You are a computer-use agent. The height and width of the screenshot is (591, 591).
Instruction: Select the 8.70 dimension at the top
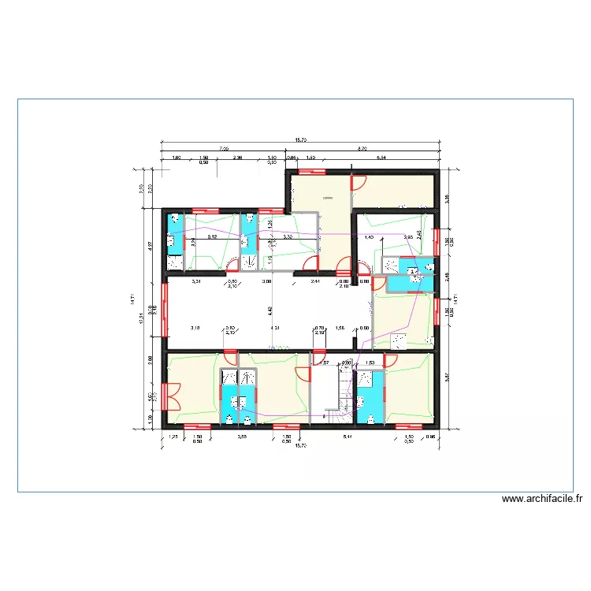[x=362, y=147]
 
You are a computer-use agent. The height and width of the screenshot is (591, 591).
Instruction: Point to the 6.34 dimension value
[x=381, y=158]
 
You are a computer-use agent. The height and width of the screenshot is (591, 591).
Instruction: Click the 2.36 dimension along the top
[x=236, y=158]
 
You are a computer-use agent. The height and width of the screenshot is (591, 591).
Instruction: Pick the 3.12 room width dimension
[x=212, y=236]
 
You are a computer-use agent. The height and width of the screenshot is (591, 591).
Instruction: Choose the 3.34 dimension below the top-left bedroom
[x=196, y=281]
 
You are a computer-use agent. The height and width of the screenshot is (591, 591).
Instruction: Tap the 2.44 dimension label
[x=315, y=281]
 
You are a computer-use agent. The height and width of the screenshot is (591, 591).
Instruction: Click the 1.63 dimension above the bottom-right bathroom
[x=369, y=363]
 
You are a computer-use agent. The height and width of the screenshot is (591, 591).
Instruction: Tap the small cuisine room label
[x=327, y=198]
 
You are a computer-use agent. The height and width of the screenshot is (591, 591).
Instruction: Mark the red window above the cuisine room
[x=313, y=169]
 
